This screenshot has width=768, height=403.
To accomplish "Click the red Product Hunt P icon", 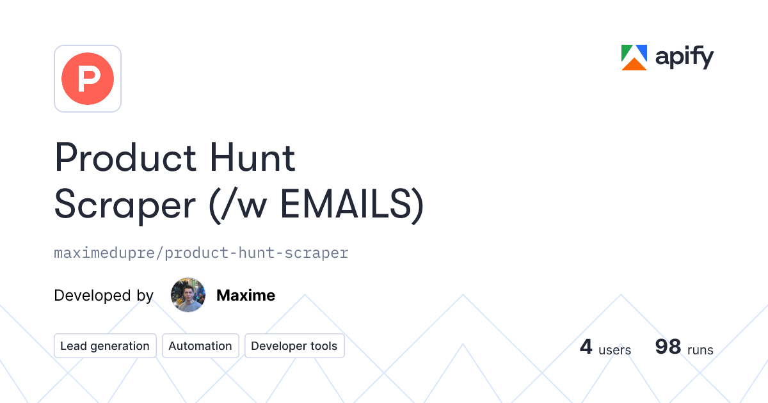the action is [x=88, y=79].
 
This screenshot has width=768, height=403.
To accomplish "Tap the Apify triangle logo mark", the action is [x=634, y=58].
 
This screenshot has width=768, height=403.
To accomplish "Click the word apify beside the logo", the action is [x=684, y=57].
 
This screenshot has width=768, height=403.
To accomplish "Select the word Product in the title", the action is [x=125, y=157].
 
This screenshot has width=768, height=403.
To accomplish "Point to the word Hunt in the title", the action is [x=252, y=157].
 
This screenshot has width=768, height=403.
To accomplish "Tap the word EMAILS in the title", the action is [x=346, y=204].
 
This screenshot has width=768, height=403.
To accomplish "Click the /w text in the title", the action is [x=244, y=205].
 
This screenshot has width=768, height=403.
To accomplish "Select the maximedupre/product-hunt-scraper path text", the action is [x=201, y=253].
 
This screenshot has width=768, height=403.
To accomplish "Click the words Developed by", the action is [x=104, y=296].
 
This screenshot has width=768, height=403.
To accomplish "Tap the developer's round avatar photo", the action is [x=188, y=295].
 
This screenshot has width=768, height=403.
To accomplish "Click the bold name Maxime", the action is [x=246, y=295].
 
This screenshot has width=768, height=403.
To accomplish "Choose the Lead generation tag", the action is [x=105, y=346].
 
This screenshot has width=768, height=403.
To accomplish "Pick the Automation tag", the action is [x=200, y=346].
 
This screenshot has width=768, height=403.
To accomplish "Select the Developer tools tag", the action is [x=294, y=346].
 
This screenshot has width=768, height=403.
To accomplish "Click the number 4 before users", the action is [x=586, y=347].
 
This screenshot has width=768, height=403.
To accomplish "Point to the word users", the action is [x=614, y=350].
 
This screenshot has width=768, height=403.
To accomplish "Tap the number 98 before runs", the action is [x=668, y=347].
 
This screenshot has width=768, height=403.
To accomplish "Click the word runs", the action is [x=700, y=350].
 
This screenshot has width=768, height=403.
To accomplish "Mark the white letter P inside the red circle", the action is [x=89, y=79].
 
